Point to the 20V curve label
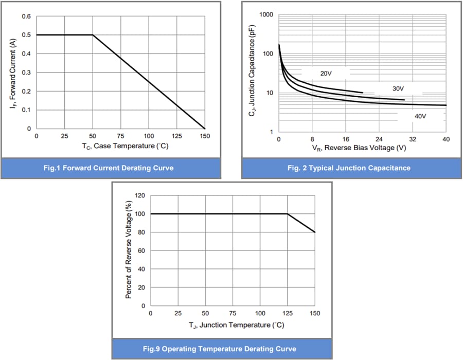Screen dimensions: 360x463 pyautogui.click(x=326, y=74)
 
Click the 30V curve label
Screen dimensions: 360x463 pyautogui.click(x=398, y=89)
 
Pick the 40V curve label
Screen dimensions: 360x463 pyautogui.click(x=420, y=116)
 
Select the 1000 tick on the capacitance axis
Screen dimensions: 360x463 pyautogui.click(x=266, y=14)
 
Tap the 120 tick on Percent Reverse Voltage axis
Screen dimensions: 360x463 pyautogui.click(x=139, y=195)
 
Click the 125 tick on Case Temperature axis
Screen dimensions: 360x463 pyautogui.click(x=177, y=136)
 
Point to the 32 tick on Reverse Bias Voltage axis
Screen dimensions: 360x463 pyautogui.click(x=413, y=139)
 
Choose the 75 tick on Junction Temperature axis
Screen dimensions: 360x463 pyautogui.click(x=233, y=313)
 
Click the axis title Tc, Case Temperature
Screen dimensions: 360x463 pyautogui.click(x=125, y=146)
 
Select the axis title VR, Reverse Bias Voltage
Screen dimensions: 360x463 pyautogui.click(x=359, y=148)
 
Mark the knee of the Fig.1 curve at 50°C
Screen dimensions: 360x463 pyautogui.click(x=93, y=35)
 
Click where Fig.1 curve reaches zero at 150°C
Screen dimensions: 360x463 pyautogui.click(x=205, y=129)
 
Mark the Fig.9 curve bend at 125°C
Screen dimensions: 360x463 pyautogui.click(x=288, y=214)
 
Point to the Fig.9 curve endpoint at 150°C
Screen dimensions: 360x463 pyautogui.click(x=315, y=232)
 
